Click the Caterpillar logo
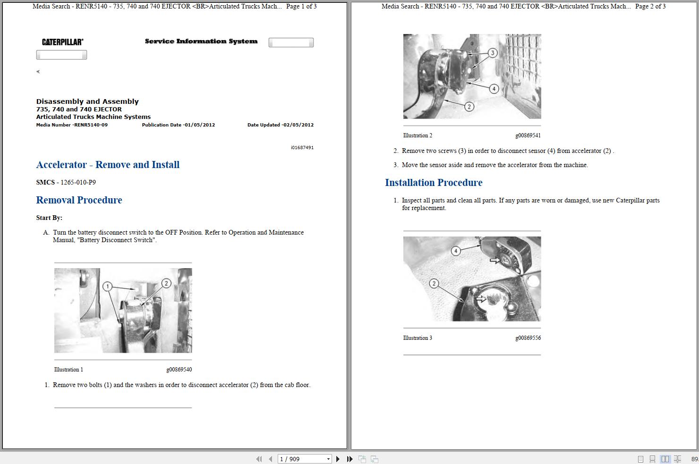63,42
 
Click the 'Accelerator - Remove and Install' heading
108,165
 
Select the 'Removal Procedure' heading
79,200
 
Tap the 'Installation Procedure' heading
434,182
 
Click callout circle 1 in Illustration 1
107,286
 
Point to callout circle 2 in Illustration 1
166,283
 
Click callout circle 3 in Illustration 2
493,53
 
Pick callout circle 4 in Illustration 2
494,89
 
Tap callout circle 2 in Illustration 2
469,107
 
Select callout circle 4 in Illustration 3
456,251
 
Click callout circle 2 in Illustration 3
434,284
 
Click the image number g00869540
179,370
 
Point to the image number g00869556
528,337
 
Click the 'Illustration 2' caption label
418,135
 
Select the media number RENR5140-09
90,125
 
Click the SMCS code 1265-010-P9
78,182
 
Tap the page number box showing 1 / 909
304,459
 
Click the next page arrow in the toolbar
338,459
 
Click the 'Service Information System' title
201,41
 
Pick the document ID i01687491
302,147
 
